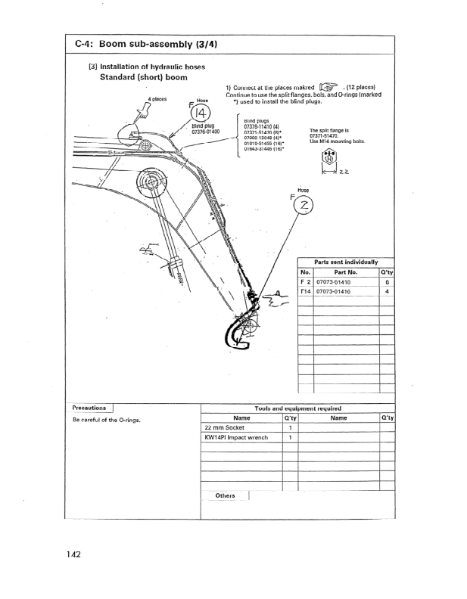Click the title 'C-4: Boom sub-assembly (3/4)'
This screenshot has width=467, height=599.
[x=146, y=44]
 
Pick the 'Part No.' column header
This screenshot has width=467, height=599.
[x=345, y=272]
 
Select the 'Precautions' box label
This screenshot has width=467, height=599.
[x=89, y=408]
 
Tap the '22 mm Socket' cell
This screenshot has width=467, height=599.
[x=224, y=427]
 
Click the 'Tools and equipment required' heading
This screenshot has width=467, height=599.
[x=297, y=408]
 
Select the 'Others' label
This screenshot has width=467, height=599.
[x=225, y=496]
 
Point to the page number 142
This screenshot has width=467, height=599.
[x=73, y=554]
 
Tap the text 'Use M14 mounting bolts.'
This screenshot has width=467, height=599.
[x=338, y=141]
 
